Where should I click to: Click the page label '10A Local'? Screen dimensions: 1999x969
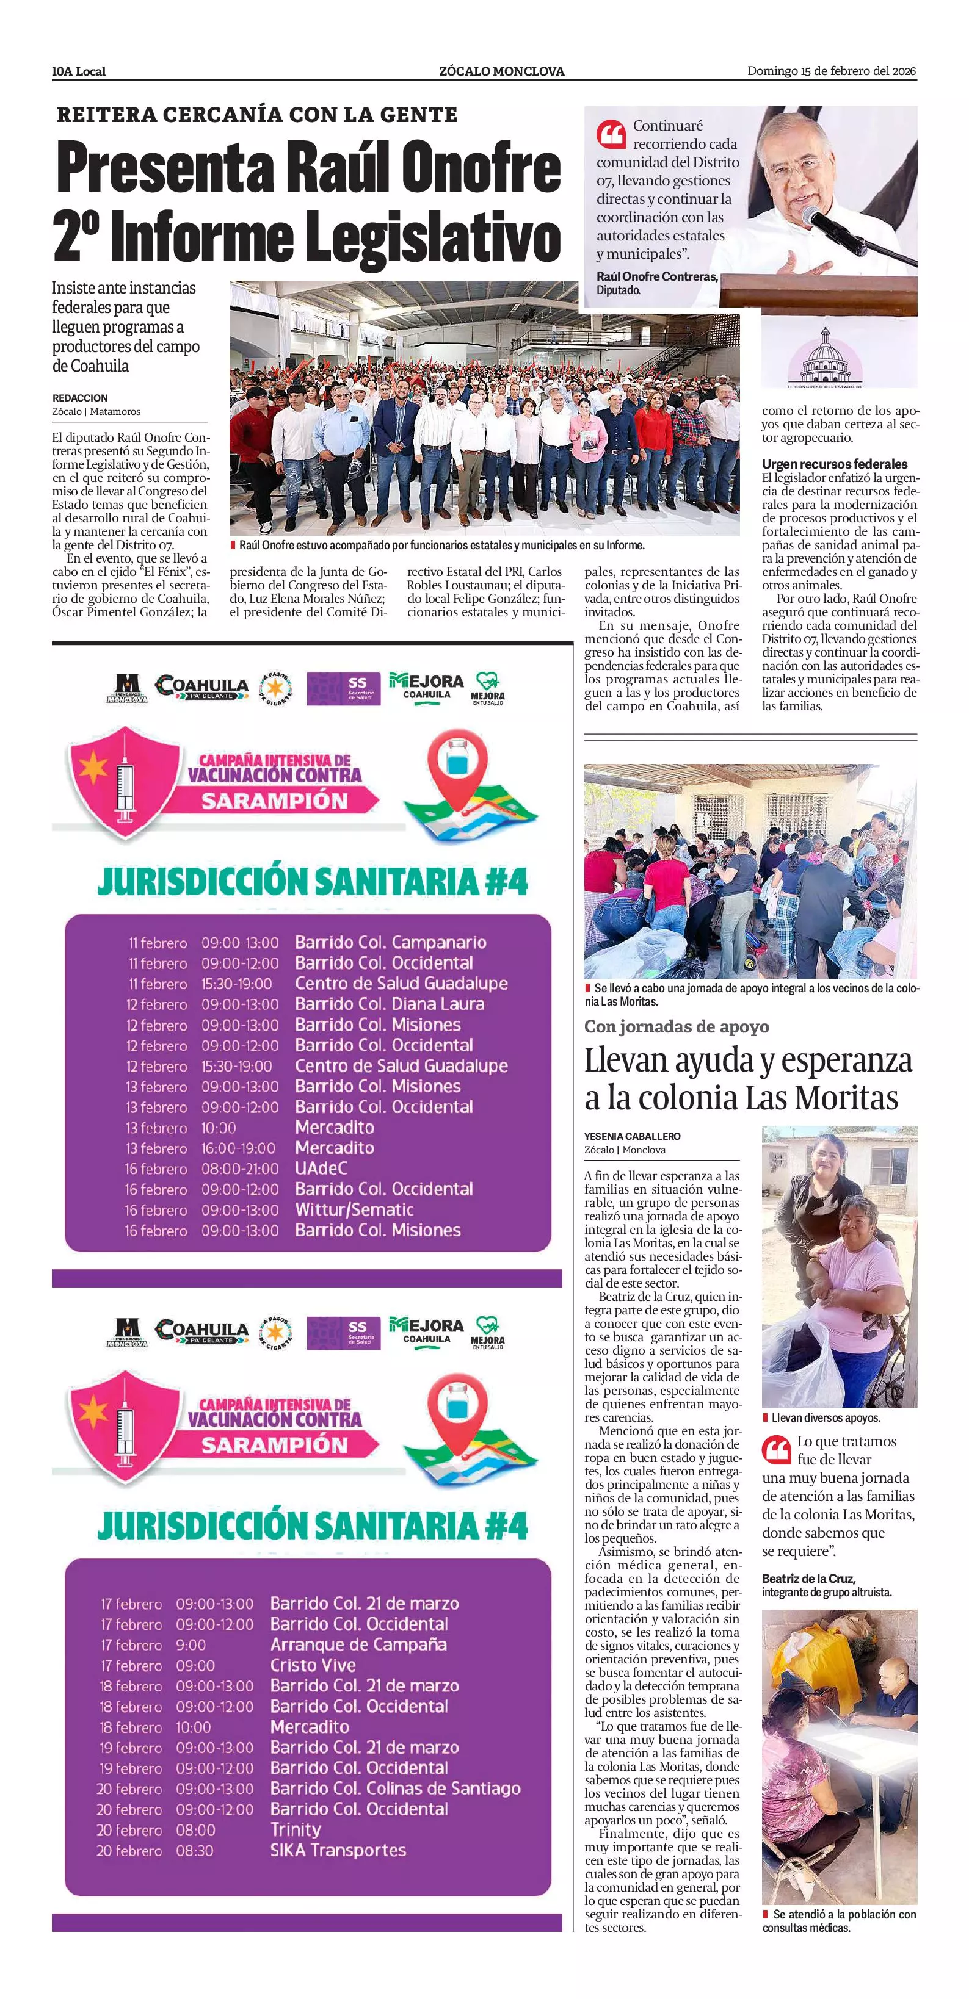pyautogui.click(x=78, y=71)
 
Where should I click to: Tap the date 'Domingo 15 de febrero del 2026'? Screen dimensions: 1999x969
pyautogui.click(x=831, y=71)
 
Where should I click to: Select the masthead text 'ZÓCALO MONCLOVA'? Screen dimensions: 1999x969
pyautogui.click(x=501, y=71)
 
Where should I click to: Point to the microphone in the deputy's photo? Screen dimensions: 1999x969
pyautogui.click(x=835, y=231)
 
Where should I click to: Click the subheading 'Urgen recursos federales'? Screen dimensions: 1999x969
pyautogui.click(x=834, y=464)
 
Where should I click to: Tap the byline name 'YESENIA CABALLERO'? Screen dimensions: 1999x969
pyautogui.click(x=632, y=1136)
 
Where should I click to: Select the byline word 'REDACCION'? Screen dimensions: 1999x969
pyautogui.click(x=80, y=398)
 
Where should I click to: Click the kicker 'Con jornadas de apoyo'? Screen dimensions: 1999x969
pyautogui.click(x=677, y=1027)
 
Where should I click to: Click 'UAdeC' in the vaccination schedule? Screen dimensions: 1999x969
pyautogui.click(x=321, y=1168)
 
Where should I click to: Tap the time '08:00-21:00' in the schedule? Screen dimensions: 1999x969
pyautogui.click(x=239, y=1169)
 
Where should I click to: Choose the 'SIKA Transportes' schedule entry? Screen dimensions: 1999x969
pyautogui.click(x=338, y=1850)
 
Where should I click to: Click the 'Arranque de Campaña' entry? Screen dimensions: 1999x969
pyautogui.click(x=358, y=1644)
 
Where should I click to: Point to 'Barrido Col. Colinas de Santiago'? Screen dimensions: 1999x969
pyautogui.click(x=394, y=1788)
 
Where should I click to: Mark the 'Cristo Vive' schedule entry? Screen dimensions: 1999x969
pyautogui.click(x=312, y=1665)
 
